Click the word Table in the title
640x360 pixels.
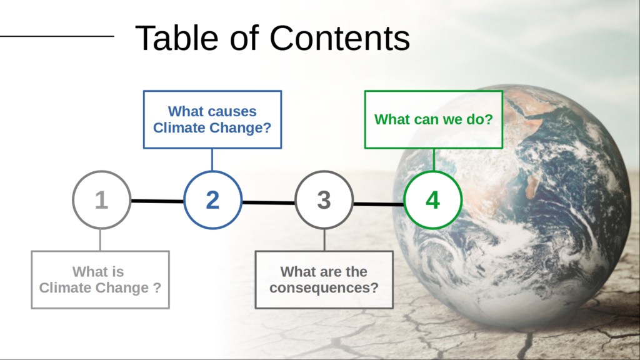(x=177, y=38)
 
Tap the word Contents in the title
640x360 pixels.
(x=339, y=38)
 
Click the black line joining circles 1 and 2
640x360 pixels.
(x=157, y=201)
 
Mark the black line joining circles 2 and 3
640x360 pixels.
(x=269, y=202)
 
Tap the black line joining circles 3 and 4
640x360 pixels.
(x=379, y=204)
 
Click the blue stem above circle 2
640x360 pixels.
(x=212, y=159)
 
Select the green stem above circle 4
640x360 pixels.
(x=434, y=159)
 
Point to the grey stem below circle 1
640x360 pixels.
(x=101, y=240)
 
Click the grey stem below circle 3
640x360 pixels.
(x=324, y=240)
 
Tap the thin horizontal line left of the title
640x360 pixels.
(x=57, y=36)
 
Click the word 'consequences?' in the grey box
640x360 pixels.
(x=324, y=288)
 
